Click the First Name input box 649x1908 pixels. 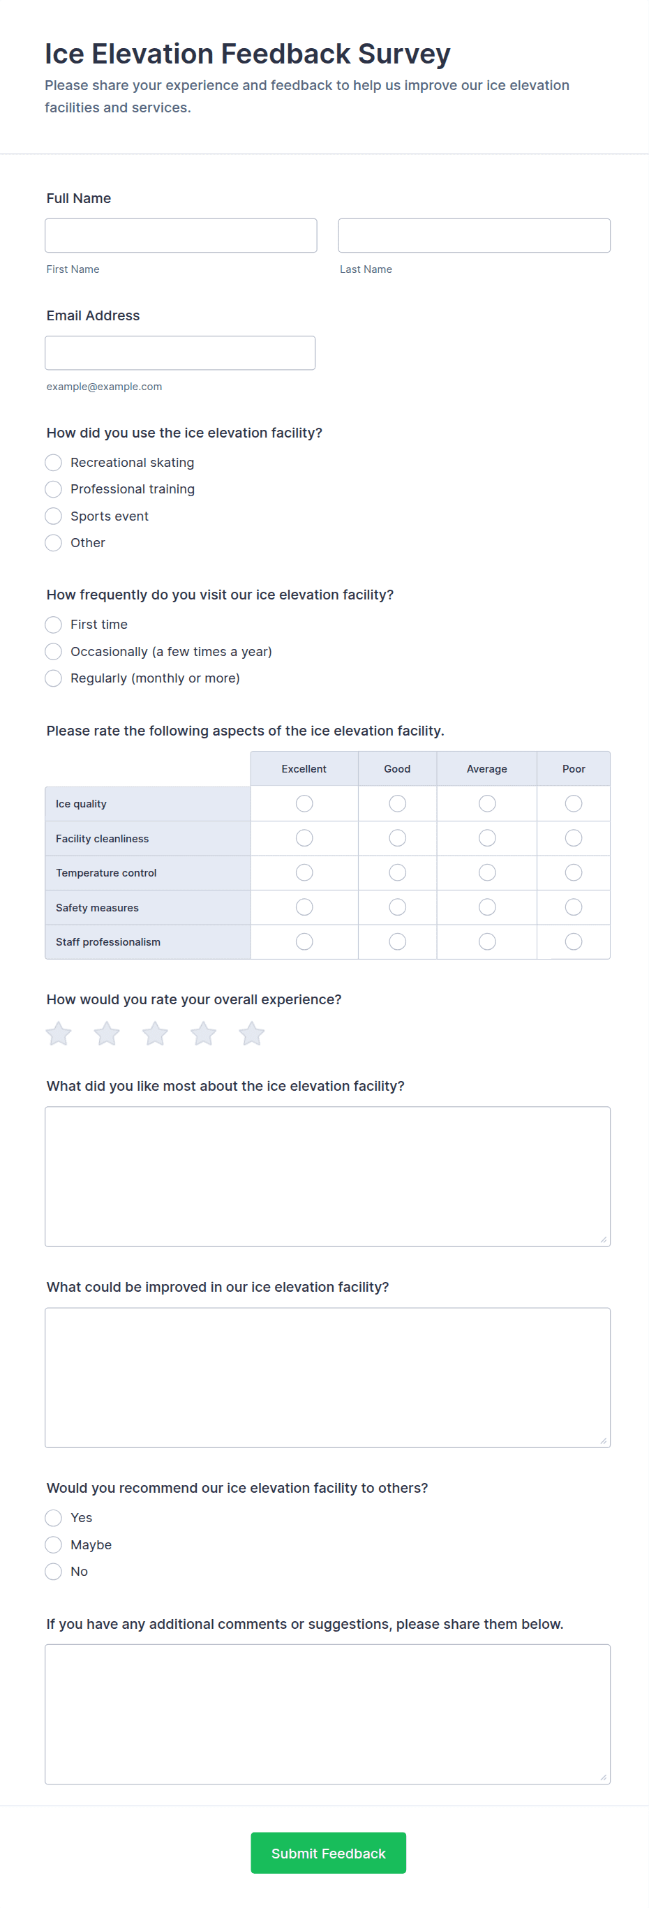[181, 236]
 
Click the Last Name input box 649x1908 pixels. [474, 236]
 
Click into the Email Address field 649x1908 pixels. [180, 352]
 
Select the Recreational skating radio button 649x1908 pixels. [53, 463]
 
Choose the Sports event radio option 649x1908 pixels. [53, 516]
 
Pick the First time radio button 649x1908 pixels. [53, 625]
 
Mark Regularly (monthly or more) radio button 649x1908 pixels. [53, 678]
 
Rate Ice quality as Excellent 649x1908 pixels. [304, 804]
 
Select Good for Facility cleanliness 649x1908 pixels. [397, 838]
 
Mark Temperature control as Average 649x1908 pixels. [487, 872]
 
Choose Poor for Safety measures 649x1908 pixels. [574, 907]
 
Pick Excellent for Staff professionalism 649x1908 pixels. [304, 941]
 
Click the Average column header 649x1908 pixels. [487, 769]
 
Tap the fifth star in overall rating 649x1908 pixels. [252, 1034]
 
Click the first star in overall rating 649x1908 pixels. [59, 1034]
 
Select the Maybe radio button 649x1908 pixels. [53, 1545]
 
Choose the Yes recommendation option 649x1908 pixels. [53, 1519]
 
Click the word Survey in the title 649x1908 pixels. [404, 54]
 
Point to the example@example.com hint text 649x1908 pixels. [104, 387]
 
